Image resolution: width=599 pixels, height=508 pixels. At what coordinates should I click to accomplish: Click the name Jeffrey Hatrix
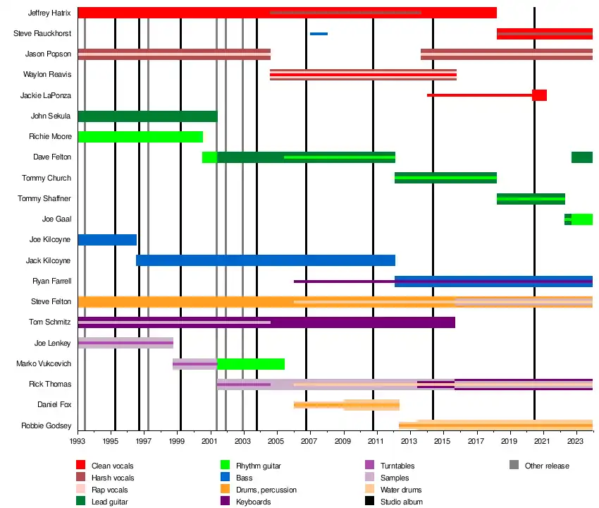[x=49, y=13]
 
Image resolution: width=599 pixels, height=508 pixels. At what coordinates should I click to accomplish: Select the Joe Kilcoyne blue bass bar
[x=107, y=240]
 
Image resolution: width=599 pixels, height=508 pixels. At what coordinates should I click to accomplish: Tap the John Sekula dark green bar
[x=147, y=116]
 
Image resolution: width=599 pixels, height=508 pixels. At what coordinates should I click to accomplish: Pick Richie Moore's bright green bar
[x=140, y=137]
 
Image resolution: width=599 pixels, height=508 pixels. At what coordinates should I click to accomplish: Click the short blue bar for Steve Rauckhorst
[x=319, y=34]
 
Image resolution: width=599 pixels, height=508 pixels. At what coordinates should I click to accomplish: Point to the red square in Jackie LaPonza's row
[x=539, y=95]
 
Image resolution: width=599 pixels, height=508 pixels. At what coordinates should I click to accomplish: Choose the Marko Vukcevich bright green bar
[x=251, y=364]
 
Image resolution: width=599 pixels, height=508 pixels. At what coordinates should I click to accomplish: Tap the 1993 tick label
[x=78, y=441]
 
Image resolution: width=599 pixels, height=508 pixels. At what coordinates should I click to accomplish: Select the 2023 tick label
[x=576, y=441]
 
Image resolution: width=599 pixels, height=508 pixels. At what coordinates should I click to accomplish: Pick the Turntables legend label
[x=397, y=466]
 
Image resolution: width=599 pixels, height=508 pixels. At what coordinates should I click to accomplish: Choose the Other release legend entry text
[x=547, y=466]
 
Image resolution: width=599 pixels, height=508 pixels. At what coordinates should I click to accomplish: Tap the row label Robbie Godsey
[x=47, y=425]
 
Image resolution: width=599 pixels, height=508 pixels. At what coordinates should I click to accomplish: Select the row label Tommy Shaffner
[x=44, y=199]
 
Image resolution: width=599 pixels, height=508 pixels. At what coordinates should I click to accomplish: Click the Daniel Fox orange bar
[x=346, y=405]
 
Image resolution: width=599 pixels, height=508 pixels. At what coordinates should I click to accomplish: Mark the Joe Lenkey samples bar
[x=125, y=343]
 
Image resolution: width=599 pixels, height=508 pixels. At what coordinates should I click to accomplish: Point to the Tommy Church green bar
[x=445, y=178]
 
